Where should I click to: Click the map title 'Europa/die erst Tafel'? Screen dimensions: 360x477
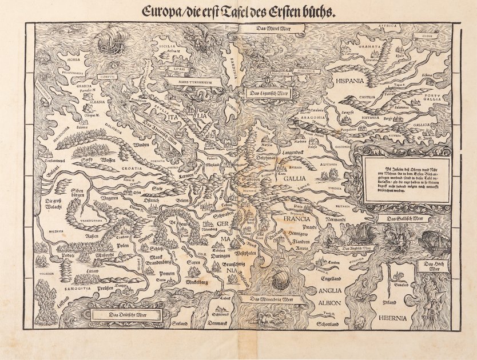238,11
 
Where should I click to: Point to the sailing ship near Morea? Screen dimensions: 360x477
110,40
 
